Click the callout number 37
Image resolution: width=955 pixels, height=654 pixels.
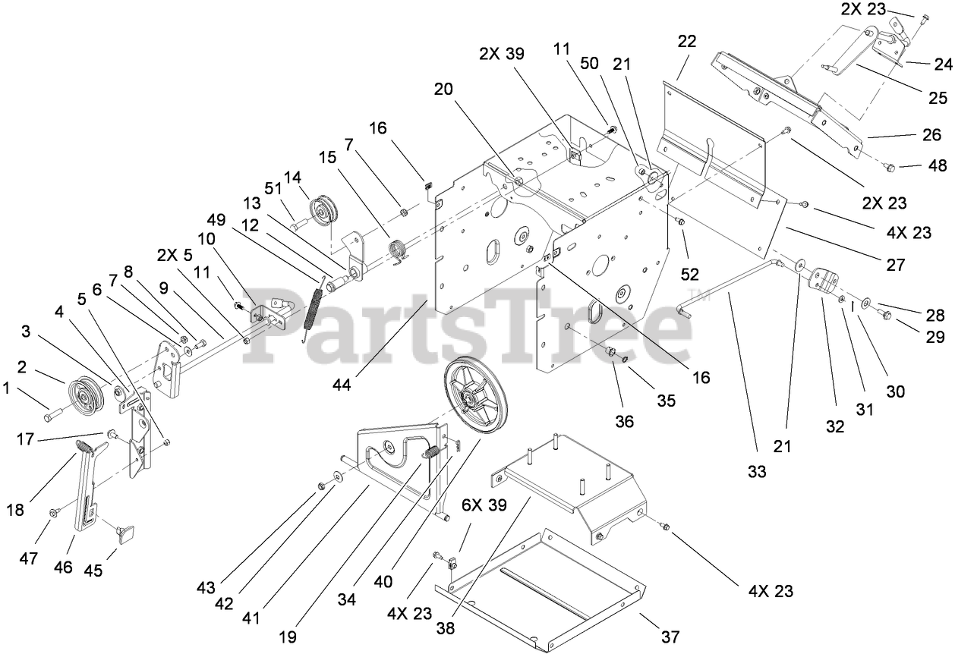pyautogui.click(x=670, y=635)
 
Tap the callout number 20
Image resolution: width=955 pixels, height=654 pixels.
pyautogui.click(x=444, y=90)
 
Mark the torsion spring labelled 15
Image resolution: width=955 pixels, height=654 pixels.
pyautogui.click(x=399, y=249)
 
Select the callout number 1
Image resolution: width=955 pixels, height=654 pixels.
pyautogui.click(x=8, y=388)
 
